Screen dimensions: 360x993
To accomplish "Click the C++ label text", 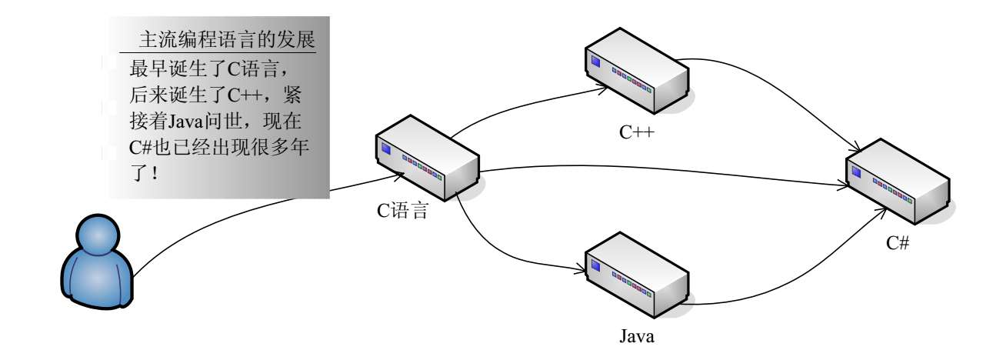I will [637, 132].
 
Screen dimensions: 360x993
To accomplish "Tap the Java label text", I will [637, 336].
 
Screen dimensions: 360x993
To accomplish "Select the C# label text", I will [898, 244].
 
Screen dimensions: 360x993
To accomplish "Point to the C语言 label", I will [402, 210].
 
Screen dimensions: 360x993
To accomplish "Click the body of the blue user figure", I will [92, 285].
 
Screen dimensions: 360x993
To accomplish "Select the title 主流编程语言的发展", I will [228, 40].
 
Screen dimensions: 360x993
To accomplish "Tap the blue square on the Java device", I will [594, 265].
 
